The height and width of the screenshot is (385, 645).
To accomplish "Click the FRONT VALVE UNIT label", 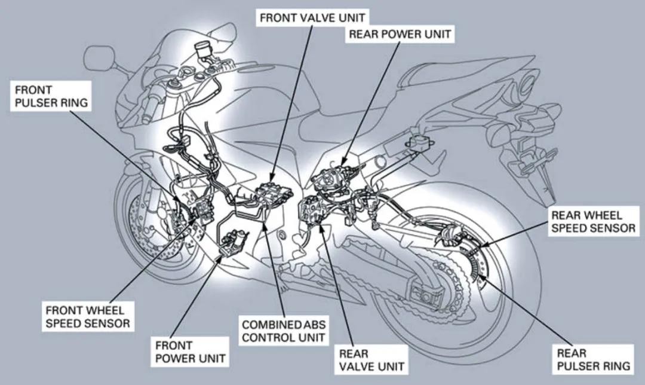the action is click(312, 18).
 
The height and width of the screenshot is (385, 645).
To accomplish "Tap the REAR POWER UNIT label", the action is click(400, 34).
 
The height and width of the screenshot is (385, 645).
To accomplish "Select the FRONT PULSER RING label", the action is click(51, 96).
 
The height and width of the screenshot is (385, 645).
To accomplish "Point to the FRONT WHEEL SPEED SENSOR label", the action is click(88, 317).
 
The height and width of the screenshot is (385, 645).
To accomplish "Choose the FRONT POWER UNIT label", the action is click(190, 352).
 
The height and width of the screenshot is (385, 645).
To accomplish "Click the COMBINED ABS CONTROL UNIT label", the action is click(284, 331).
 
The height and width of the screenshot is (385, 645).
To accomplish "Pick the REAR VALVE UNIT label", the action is click(371, 359).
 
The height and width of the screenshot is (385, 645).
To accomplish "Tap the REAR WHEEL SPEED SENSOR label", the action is click(593, 222).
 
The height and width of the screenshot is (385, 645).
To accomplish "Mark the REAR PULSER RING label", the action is click(593, 359).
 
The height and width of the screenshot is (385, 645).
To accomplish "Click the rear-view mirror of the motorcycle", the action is click(99, 58).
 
